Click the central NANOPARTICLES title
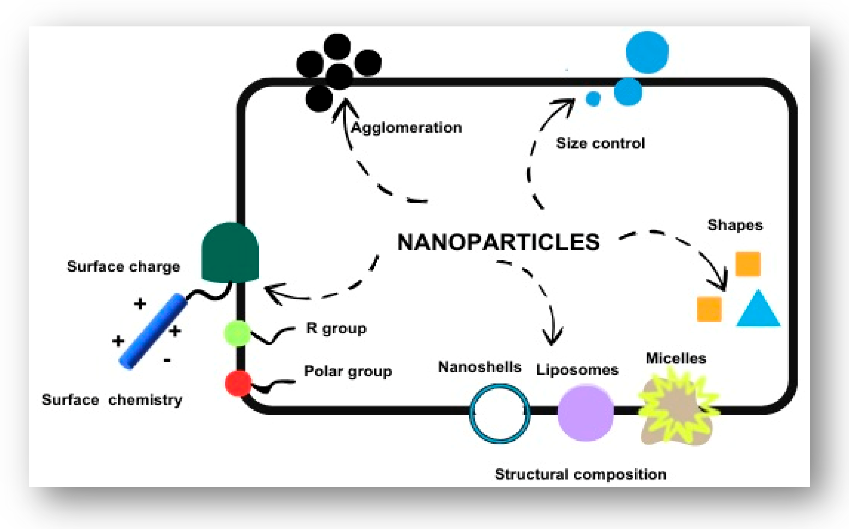(498, 242)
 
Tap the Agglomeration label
(406, 128)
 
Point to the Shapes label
(735, 225)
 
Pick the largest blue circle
(647, 53)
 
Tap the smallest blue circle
(593, 99)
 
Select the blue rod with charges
(153, 331)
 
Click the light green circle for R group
(237, 333)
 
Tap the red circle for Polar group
(238, 383)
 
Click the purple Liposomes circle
(585, 413)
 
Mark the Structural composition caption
(580, 475)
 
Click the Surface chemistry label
(112, 400)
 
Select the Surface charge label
(124, 267)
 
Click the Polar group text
(348, 371)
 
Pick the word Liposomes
(577, 370)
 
